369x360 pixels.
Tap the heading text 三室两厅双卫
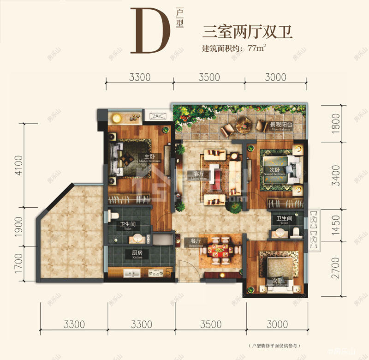tap(248, 32)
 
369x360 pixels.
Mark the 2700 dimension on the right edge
tap(336, 269)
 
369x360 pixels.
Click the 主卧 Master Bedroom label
tap(149, 158)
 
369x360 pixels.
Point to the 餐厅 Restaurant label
tap(190, 241)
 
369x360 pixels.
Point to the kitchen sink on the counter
tap(132, 274)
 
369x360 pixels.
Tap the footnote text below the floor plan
tap(276, 346)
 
